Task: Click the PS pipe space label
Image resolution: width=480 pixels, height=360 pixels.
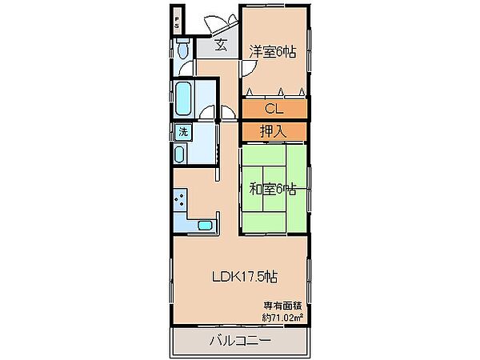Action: tap(177, 22)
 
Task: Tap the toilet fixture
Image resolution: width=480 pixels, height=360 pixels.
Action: tap(183, 49)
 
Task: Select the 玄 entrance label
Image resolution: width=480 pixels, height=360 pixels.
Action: tap(221, 46)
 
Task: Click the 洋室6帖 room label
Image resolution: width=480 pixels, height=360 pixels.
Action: tap(273, 52)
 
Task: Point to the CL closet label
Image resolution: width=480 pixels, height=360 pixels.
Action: tap(274, 109)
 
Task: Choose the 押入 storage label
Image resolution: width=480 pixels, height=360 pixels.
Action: tap(273, 132)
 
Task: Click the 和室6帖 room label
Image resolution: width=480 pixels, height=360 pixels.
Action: tap(273, 190)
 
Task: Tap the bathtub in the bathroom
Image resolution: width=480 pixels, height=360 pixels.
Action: tap(183, 98)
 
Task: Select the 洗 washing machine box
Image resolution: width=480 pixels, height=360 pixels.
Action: tap(183, 132)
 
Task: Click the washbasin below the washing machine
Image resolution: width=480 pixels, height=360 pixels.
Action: tap(180, 154)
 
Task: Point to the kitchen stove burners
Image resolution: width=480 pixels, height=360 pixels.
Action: tap(180, 199)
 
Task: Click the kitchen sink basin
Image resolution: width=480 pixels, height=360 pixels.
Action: tap(205, 226)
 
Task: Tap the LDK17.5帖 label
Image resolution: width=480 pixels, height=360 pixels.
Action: tap(245, 277)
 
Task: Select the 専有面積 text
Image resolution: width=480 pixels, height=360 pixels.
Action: tap(283, 306)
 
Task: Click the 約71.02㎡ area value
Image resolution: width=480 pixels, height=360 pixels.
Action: tap(282, 318)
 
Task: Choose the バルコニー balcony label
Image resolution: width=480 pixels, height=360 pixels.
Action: tap(240, 340)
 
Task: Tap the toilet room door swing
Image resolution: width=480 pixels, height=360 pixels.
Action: tap(186, 67)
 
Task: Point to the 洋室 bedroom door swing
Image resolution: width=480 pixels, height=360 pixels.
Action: tap(249, 68)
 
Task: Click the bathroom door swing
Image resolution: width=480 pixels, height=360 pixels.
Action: tap(207, 112)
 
